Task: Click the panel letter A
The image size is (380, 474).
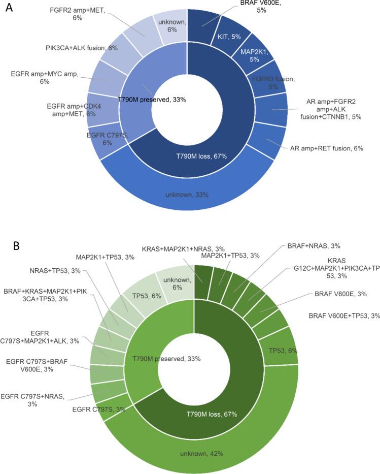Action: click(9, 10)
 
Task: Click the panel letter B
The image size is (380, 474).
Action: click(17, 247)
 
